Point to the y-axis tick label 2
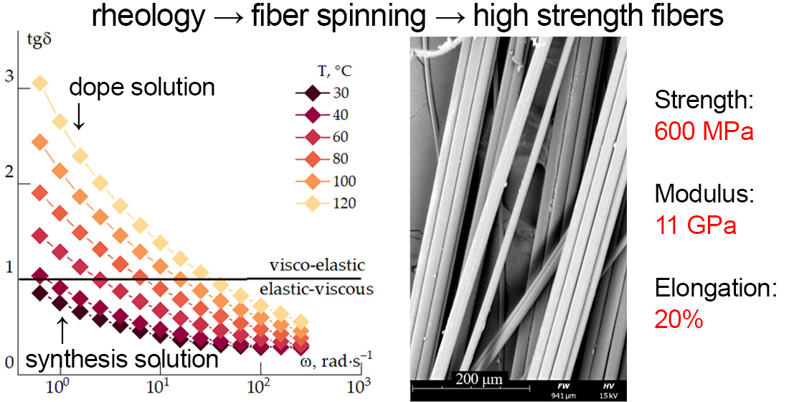9,172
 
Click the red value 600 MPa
704,131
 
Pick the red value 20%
678,320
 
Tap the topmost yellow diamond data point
40,84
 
